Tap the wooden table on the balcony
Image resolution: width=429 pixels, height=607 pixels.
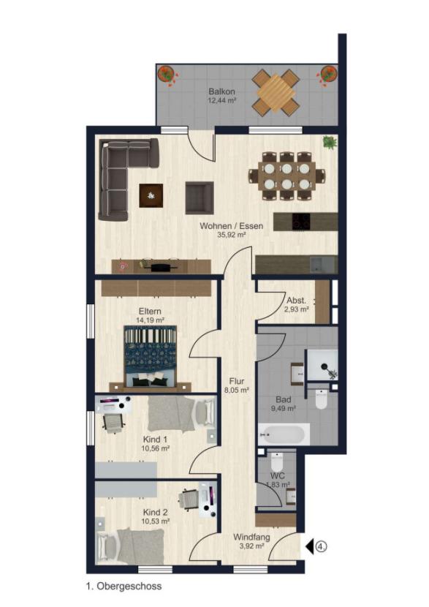pyautogui.click(x=276, y=92)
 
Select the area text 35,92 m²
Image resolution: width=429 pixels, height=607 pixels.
pyautogui.click(x=231, y=235)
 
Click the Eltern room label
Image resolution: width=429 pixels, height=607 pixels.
pyautogui.click(x=149, y=310)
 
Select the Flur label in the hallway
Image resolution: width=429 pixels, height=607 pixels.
pyautogui.click(x=237, y=381)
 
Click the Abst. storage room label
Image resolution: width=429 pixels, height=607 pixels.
pyautogui.click(x=296, y=300)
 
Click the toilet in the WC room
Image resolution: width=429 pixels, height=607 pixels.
pyautogui.click(x=277, y=462)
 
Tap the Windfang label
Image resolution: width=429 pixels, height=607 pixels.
pyautogui.click(x=251, y=538)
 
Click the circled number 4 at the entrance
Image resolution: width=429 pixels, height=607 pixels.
pyautogui.click(x=321, y=546)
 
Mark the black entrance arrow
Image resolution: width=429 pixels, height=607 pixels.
pyautogui.click(x=309, y=546)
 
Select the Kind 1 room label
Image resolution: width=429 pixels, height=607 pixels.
pyautogui.click(x=154, y=438)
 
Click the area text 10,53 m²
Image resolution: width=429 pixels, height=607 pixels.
pyautogui.click(x=156, y=521)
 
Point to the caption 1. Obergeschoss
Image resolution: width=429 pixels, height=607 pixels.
pyautogui.click(x=123, y=586)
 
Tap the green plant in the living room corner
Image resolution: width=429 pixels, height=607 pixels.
pyautogui.click(x=330, y=143)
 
